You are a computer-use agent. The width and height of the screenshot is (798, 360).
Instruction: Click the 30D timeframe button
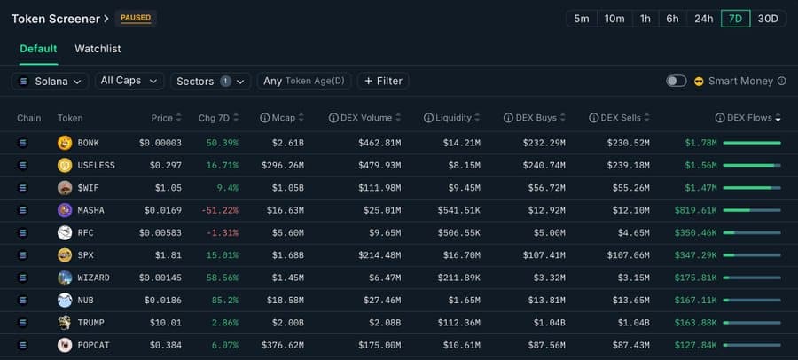pyautogui.click(x=768, y=19)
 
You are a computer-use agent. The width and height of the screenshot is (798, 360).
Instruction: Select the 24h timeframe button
pyautogui.click(x=703, y=19)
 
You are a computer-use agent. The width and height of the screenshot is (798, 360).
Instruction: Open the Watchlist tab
pyautogui.click(x=98, y=49)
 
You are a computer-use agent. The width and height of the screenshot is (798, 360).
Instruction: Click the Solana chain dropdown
pyautogui.click(x=50, y=81)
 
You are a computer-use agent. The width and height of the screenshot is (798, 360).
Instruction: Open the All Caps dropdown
pyautogui.click(x=129, y=81)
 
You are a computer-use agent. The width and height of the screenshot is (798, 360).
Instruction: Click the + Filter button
pyautogui.click(x=383, y=81)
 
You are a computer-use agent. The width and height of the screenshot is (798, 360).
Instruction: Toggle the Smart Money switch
pyautogui.click(x=677, y=81)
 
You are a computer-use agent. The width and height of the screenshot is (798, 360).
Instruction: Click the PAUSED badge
pyautogui.click(x=136, y=18)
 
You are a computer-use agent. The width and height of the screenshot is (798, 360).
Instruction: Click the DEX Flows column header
pyautogui.click(x=748, y=118)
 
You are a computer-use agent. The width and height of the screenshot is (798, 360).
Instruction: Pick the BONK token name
pyautogui.click(x=89, y=143)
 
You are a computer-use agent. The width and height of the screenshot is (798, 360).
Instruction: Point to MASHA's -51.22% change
pyautogui.click(x=218, y=210)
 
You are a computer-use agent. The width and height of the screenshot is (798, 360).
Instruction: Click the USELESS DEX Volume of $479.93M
pyautogui.click(x=379, y=165)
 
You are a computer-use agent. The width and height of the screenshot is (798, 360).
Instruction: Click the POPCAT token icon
pyautogui.click(x=65, y=345)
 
